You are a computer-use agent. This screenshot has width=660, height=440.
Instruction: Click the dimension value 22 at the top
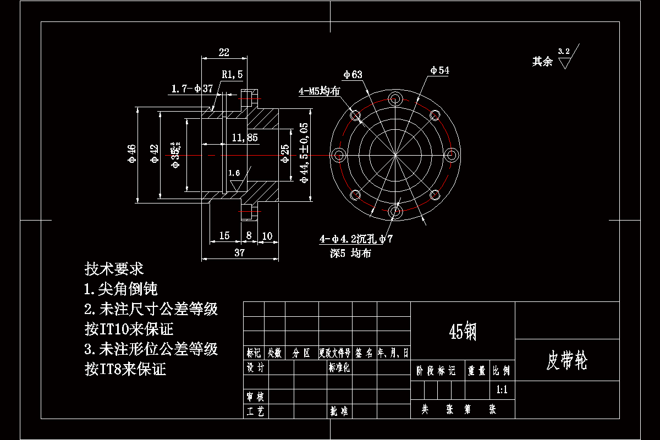click(x=224, y=53)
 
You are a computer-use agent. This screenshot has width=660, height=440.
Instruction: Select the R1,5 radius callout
click(x=232, y=74)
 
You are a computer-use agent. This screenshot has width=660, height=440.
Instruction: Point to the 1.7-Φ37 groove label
click(x=192, y=89)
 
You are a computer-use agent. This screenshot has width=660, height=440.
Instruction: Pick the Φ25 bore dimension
click(x=284, y=154)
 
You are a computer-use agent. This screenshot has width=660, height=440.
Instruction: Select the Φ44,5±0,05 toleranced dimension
click(x=304, y=152)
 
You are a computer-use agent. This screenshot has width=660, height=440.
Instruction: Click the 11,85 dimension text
click(x=245, y=138)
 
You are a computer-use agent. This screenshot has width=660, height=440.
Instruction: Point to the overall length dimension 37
click(x=239, y=253)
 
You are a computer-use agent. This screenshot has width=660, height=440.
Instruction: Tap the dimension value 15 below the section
click(x=224, y=236)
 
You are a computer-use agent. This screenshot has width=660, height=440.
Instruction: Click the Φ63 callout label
click(x=353, y=75)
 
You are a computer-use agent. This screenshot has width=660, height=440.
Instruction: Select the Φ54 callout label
click(x=439, y=70)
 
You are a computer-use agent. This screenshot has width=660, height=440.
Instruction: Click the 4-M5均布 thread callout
click(x=320, y=91)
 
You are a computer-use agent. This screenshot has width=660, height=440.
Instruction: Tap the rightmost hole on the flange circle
click(x=452, y=155)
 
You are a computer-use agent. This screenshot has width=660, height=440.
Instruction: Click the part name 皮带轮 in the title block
click(x=566, y=361)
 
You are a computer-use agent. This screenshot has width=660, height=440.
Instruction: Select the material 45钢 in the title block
click(x=463, y=331)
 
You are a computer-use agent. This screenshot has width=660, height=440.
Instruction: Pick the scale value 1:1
click(x=502, y=390)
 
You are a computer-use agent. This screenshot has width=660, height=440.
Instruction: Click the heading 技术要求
click(x=114, y=269)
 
